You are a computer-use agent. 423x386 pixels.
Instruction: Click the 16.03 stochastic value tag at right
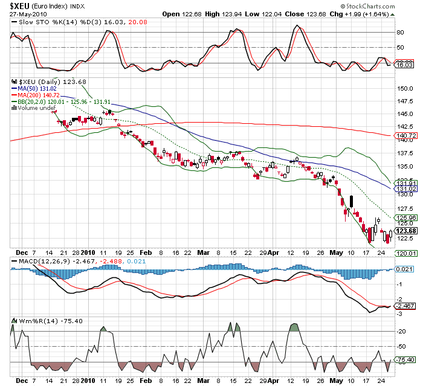pyautogui.click(x=404, y=63)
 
